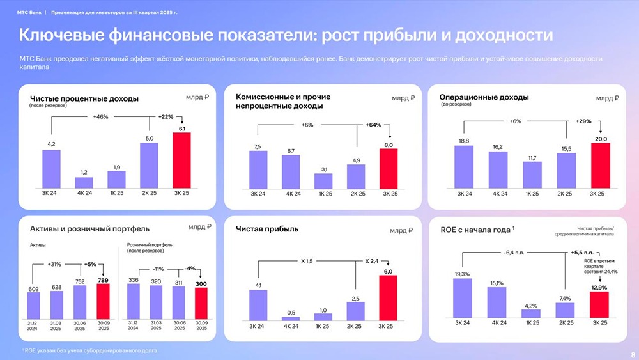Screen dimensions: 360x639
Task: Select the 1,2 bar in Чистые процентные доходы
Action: (x=84, y=182)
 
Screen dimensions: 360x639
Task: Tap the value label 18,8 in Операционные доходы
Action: (x=464, y=141)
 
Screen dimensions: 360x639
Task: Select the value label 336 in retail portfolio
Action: (x=134, y=279)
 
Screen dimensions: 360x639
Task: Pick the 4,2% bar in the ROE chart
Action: (x=531, y=313)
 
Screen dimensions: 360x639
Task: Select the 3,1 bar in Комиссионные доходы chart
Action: (x=323, y=181)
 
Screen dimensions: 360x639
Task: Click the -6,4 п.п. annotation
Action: (x=513, y=253)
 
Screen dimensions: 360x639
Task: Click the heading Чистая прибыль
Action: (x=266, y=228)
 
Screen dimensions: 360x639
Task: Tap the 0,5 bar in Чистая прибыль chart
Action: (x=291, y=317)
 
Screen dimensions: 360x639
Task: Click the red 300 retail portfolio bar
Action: (x=201, y=302)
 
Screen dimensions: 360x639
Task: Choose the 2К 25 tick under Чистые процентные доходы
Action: (x=149, y=192)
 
